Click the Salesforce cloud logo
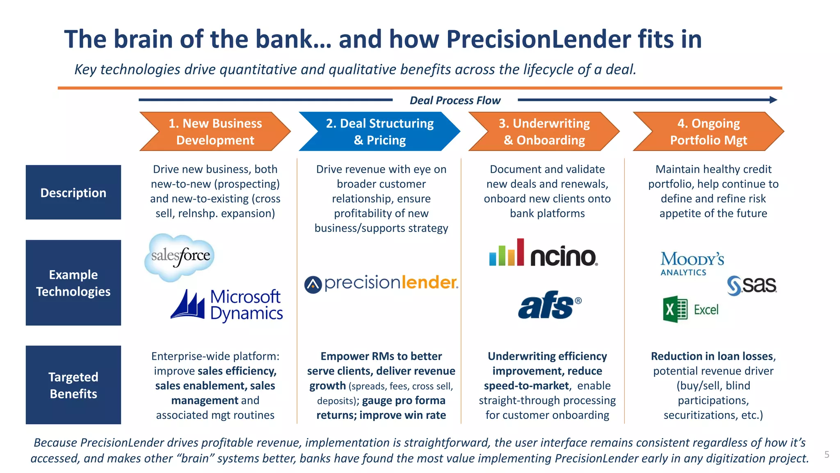pos(180,257)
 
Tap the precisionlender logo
pos(381,283)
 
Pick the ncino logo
pos(543,253)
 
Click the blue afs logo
pos(549,305)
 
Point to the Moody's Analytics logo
pos(692,263)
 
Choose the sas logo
pos(751,285)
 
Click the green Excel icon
pos(675,309)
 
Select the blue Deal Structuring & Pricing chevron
pos(379,131)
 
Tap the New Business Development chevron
pos(215,131)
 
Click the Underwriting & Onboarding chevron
pos(544,131)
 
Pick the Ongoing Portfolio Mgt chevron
pos(708,131)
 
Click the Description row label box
pos(73,192)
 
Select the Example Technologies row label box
pos(73,283)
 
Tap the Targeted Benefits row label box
pos(73,385)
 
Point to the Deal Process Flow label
pos(455,100)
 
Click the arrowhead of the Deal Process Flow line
pos(773,100)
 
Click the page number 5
pos(826,455)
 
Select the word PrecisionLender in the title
pos(539,39)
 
